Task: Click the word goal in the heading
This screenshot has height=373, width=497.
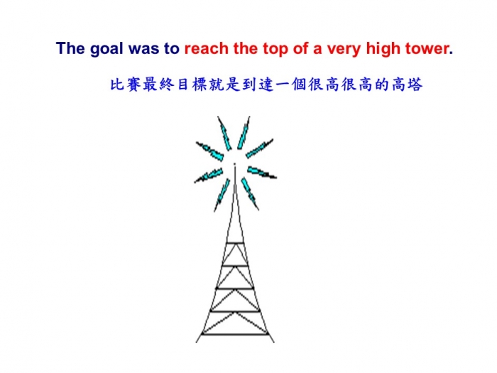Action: click(x=106, y=50)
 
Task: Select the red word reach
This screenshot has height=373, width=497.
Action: click(x=207, y=48)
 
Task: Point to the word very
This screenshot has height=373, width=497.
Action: click(x=344, y=50)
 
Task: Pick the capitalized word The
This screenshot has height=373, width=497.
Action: click(x=70, y=48)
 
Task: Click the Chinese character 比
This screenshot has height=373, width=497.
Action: click(x=116, y=85)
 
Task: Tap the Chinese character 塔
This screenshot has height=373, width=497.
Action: click(x=415, y=85)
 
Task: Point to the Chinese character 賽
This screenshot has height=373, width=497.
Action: click(x=133, y=85)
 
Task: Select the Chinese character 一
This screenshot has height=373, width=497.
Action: click(x=283, y=85)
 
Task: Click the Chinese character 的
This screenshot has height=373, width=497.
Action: click(x=382, y=85)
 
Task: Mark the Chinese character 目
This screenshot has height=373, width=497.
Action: click(x=183, y=85)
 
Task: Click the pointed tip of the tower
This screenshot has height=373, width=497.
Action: click(x=234, y=164)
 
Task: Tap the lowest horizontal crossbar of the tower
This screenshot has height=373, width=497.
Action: click(x=235, y=334)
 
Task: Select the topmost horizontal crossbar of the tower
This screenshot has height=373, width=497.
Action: click(x=235, y=243)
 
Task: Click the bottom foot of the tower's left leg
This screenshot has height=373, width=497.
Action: click(x=196, y=342)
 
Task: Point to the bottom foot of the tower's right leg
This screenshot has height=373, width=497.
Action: click(x=274, y=342)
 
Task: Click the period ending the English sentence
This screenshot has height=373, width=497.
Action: click(x=451, y=53)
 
